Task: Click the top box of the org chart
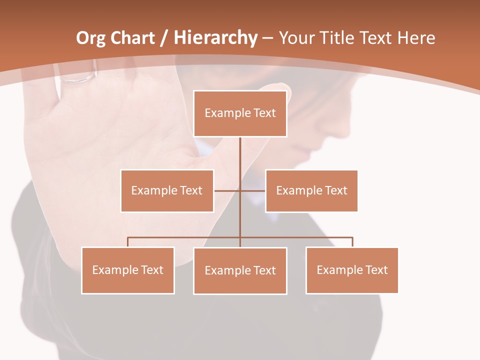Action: [240, 113]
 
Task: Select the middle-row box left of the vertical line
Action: [167, 190]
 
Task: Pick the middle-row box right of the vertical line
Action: [311, 190]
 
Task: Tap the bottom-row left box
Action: [128, 270]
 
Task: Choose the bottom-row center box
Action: [240, 270]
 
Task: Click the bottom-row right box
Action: [352, 270]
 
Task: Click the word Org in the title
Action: [90, 38]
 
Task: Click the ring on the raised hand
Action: [77, 77]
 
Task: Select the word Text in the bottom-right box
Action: [377, 270]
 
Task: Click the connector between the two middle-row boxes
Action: [240, 190]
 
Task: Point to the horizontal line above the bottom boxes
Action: [185, 237]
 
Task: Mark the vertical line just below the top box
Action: [240, 150]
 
